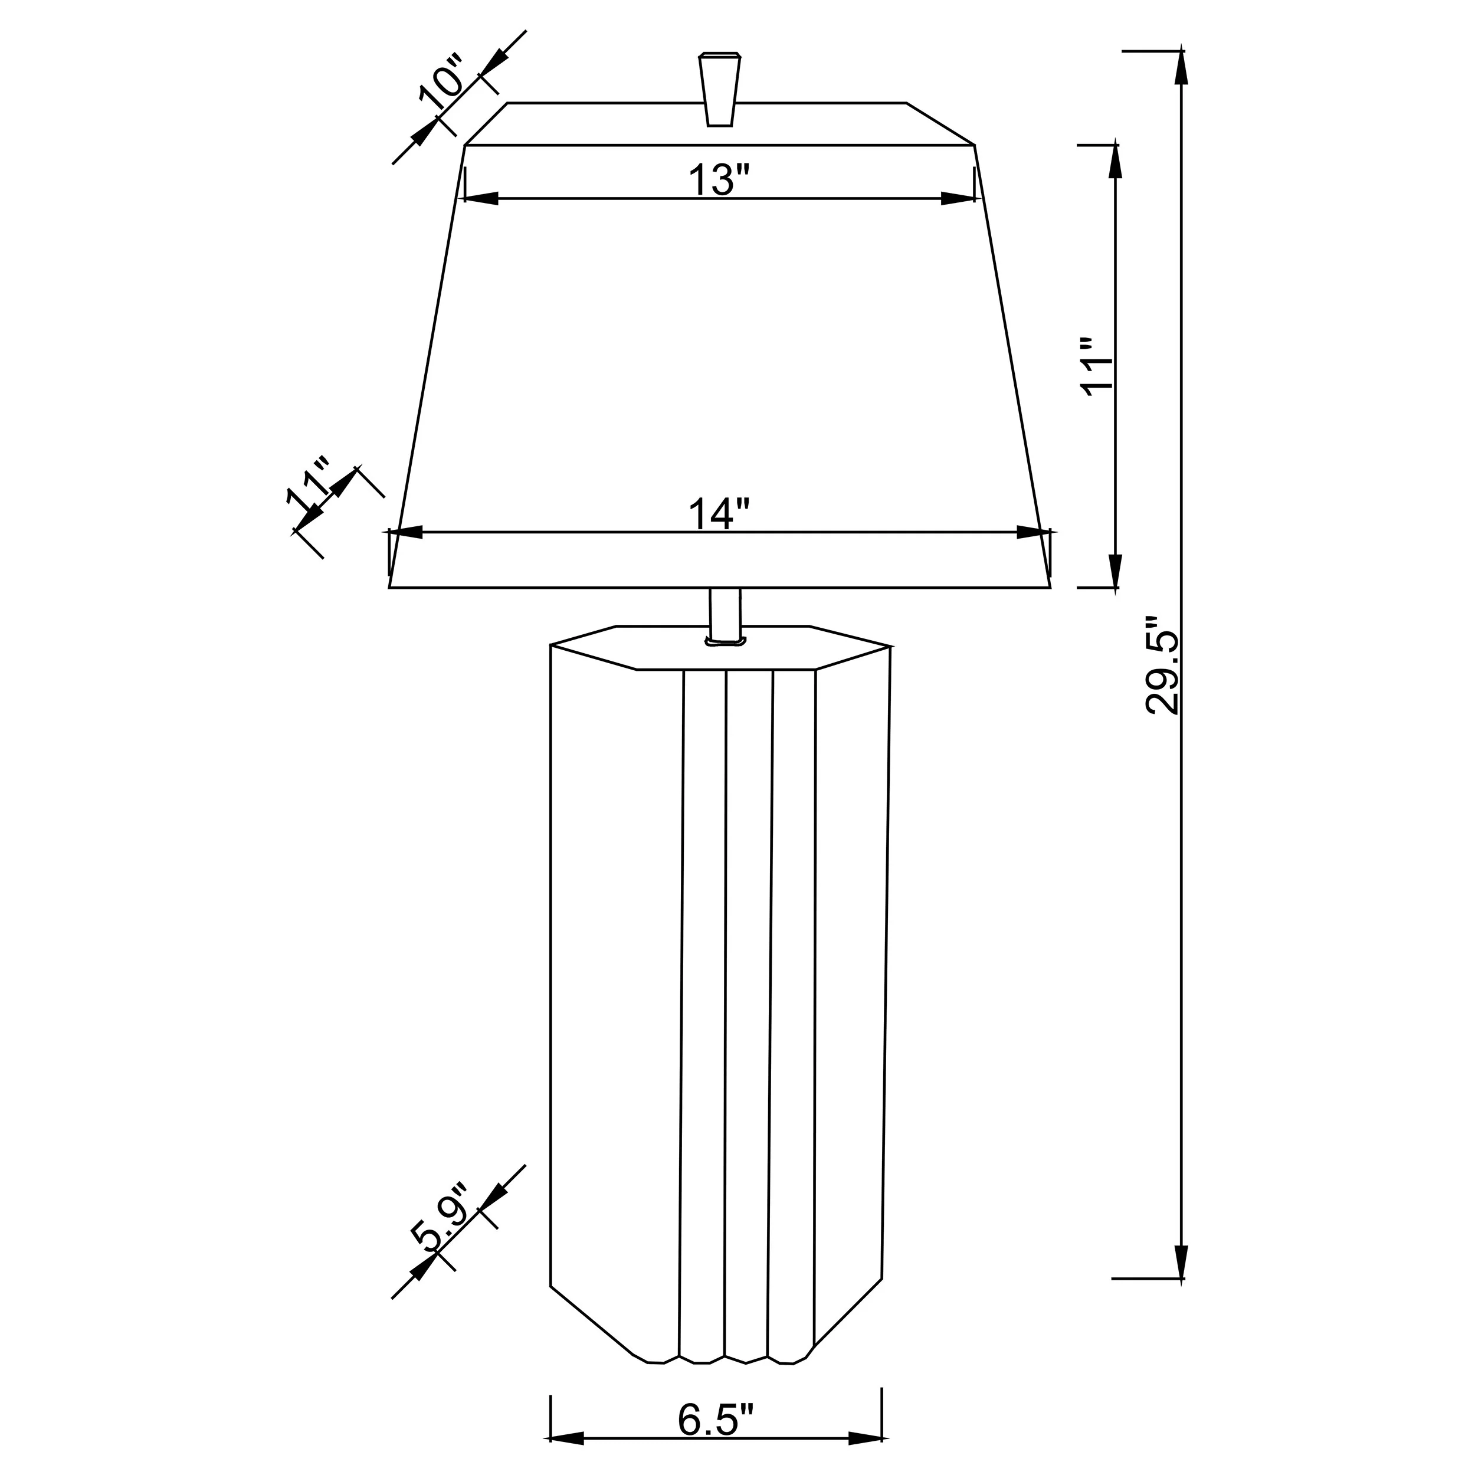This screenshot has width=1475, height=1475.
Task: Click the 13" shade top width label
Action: pyautogui.click(x=720, y=180)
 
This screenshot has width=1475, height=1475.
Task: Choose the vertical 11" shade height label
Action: pyautogui.click(x=1097, y=365)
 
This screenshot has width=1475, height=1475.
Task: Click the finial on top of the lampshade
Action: pyautogui.click(x=719, y=88)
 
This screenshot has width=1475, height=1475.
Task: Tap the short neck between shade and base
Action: pyautogui.click(x=725, y=615)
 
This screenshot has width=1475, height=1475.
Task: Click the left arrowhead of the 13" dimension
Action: pyautogui.click(x=481, y=198)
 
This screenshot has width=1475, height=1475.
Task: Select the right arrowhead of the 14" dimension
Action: pyautogui.click(x=1034, y=532)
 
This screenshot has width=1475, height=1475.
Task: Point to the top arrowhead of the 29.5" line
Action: pyautogui.click(x=1182, y=67)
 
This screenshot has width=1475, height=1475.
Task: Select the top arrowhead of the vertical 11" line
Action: pyautogui.click(x=1116, y=161)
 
